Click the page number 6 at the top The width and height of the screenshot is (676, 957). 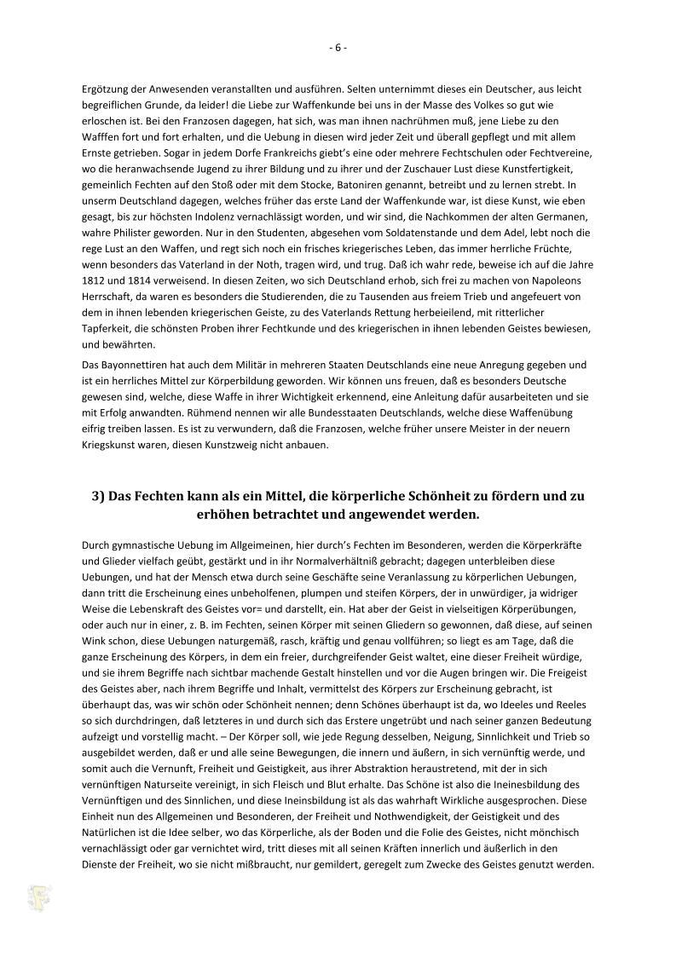point(338,48)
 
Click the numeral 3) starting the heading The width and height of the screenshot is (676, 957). point(100,496)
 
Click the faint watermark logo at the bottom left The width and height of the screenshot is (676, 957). point(37,896)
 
